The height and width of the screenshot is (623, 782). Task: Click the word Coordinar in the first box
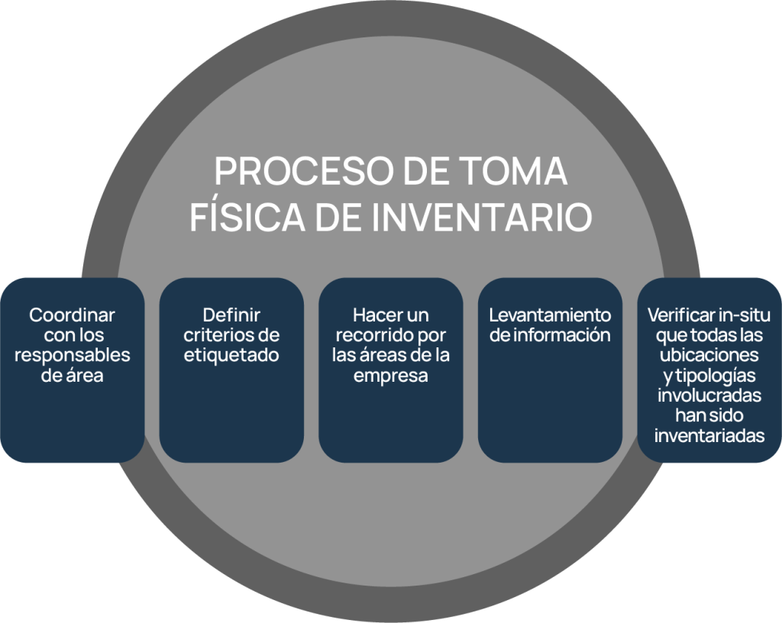point(73,315)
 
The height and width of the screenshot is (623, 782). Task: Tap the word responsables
point(73,356)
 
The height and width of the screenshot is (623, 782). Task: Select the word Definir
point(231,315)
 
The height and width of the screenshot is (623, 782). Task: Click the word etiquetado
point(231,356)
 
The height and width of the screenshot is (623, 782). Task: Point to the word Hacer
point(373,315)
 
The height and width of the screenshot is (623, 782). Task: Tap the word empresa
point(390,376)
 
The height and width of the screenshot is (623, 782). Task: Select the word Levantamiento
point(550,315)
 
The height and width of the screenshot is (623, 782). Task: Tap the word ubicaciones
point(710,356)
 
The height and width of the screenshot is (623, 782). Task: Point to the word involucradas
point(709,396)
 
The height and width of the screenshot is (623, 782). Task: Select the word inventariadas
point(709,437)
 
